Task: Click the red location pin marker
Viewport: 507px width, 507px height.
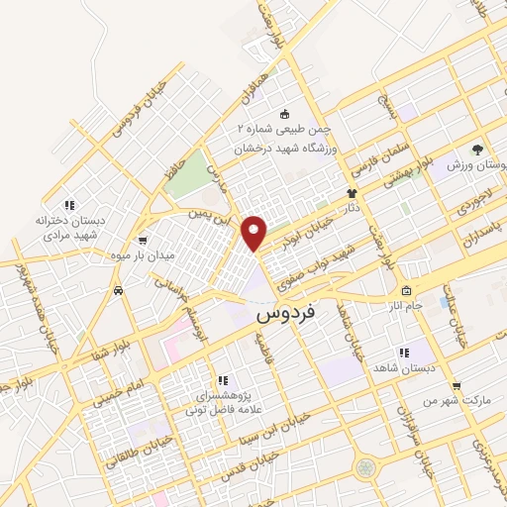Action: pyautogui.click(x=254, y=232)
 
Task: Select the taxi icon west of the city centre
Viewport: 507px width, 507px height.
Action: pyautogui.click(x=118, y=291)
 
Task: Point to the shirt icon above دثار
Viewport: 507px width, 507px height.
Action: pyautogui.click(x=351, y=194)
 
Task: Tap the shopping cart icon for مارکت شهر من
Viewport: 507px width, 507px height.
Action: pyautogui.click(x=456, y=386)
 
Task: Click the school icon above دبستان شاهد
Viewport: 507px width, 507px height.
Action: pyautogui.click(x=403, y=352)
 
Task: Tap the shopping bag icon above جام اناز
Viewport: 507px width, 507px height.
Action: pyautogui.click(x=407, y=291)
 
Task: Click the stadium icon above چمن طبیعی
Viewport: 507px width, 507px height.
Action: pyautogui.click(x=285, y=114)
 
